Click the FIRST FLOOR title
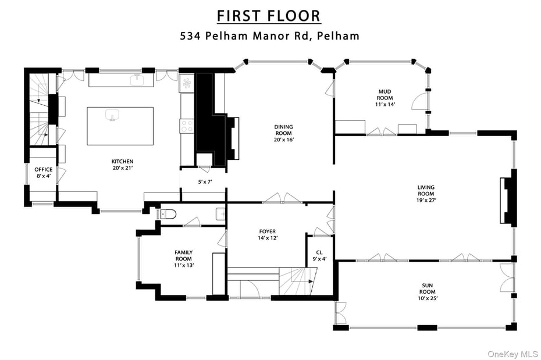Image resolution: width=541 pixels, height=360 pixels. (x=268, y=15)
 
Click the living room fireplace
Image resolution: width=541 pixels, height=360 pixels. (x=509, y=198)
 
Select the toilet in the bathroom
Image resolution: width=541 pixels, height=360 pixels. (x=167, y=214)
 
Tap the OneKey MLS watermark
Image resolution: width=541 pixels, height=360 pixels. (x=512, y=354)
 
